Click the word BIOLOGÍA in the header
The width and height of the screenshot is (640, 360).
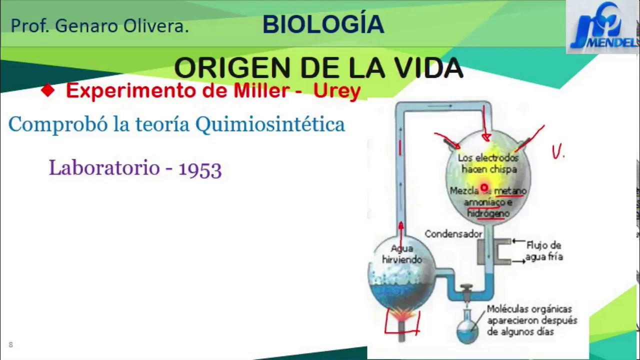tap(323, 25)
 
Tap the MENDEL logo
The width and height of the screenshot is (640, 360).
tap(602, 27)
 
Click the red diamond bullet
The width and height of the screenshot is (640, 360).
tap(47, 90)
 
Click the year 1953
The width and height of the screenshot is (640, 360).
tap(200, 169)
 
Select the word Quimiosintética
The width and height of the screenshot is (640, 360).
tap(270, 124)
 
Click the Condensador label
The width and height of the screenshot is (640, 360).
tap(453, 233)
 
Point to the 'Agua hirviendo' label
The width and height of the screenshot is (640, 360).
tap(401, 253)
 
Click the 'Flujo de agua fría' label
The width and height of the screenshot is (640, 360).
tap(543, 251)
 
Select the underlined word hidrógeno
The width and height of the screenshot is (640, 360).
tap(488, 213)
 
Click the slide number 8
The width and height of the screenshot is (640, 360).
tap(10, 344)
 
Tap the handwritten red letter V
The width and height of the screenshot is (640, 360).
tap(556, 152)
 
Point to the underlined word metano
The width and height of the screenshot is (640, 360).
tap(510, 190)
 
